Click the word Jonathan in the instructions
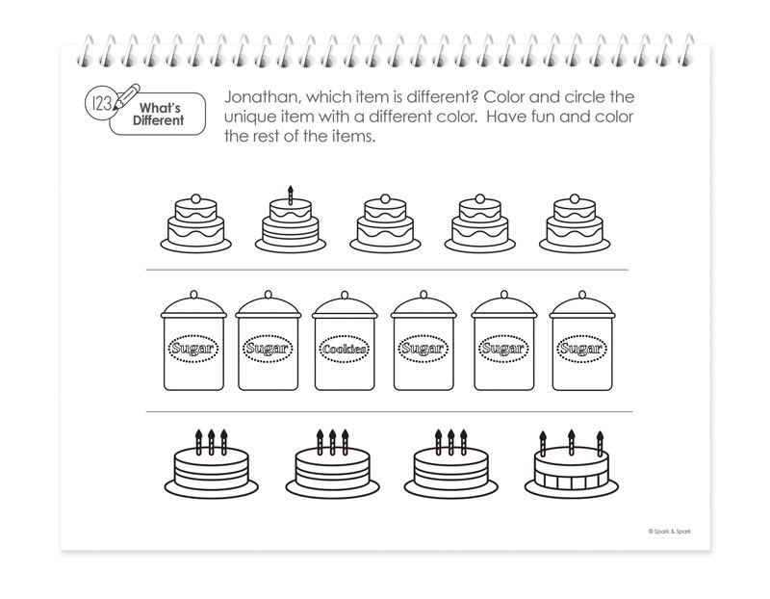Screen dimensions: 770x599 coord(261,97)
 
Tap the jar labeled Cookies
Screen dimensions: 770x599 coord(345,341)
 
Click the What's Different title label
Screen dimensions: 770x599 coord(158,114)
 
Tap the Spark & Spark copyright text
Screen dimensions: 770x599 coord(669,532)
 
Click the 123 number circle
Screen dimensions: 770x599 coord(100,104)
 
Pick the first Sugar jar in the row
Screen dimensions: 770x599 coord(193,341)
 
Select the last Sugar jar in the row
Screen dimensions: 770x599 coord(582,341)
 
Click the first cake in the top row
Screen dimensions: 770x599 coord(196,223)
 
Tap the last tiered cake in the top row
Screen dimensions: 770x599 coord(575,223)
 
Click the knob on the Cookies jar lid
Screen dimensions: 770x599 coord(345,295)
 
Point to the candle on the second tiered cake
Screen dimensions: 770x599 coord(291,195)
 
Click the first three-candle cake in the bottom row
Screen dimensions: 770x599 coord(211,463)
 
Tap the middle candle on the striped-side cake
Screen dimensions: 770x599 coord(572,443)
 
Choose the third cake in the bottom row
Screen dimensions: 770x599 coord(450,463)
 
